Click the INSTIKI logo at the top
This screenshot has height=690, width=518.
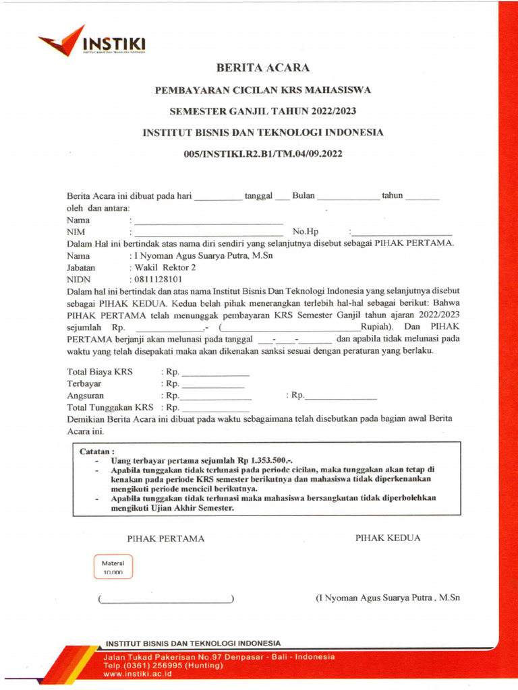point(92,42)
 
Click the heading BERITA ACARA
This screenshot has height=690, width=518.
point(262,68)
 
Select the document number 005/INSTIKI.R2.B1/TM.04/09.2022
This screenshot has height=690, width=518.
point(263,154)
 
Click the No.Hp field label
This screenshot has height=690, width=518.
point(305,232)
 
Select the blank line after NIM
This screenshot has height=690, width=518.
point(208,233)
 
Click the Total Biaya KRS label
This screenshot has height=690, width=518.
point(100,372)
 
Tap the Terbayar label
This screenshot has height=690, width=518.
point(84,383)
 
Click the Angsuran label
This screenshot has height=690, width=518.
point(86,396)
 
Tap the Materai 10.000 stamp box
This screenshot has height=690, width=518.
point(113,567)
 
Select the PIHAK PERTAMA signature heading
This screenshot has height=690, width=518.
point(165,538)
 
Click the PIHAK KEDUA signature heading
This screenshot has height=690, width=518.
point(388,538)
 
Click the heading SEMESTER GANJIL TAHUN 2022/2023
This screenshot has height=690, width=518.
point(262,111)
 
